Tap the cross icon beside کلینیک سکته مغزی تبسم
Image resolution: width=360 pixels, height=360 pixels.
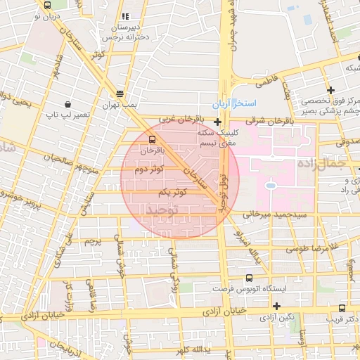pos(218,122)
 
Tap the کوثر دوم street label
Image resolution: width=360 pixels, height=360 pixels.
pos(150,169)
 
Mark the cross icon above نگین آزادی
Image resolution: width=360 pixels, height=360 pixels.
pos(277,306)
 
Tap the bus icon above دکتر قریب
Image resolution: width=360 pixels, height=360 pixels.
pos(342,307)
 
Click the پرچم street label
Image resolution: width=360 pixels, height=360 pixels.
pos(93,241)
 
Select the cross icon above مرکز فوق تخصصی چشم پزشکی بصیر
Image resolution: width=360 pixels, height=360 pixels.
pos(330,89)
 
